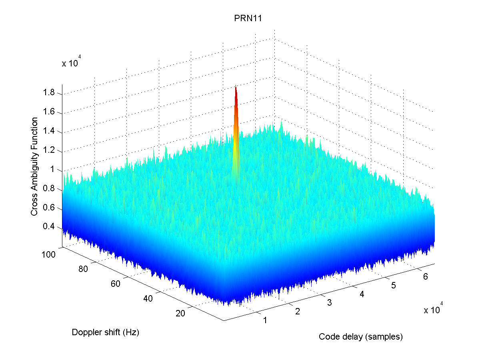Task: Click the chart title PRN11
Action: [248, 19]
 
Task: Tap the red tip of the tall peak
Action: [236, 89]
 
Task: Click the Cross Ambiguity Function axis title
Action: [35, 166]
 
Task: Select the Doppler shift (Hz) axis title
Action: [105, 332]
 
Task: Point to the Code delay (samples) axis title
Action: [360, 337]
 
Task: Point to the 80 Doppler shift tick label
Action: [83, 269]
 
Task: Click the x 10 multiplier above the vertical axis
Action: [72, 63]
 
